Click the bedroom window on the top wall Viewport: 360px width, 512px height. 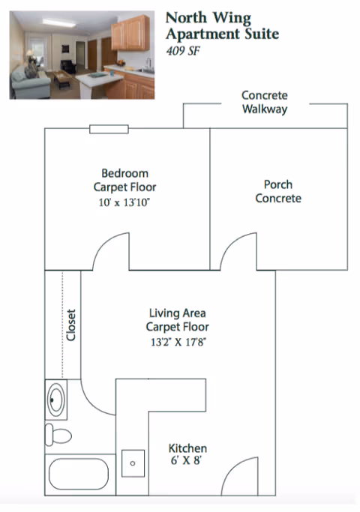pos(109,129)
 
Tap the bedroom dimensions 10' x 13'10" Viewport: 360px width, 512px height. pos(124,202)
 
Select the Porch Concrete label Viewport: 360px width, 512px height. pos(278,191)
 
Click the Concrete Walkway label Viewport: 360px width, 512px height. pos(265,102)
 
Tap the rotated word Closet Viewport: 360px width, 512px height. pos(71,325)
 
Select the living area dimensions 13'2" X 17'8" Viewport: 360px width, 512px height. pos(178,342)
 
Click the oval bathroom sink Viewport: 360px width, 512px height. pos(55,400)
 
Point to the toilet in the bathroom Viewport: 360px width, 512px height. pos(58,435)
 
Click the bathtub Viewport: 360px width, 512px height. pos(79,474)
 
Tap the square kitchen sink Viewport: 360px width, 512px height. pos(133,463)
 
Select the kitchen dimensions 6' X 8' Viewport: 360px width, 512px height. pos(186,460)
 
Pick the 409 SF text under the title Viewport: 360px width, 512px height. pos(183,51)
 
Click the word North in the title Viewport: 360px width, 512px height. pos(186,18)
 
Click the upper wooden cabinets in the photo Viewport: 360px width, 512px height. pos(130,32)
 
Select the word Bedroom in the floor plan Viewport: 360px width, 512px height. pos(124,173)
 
